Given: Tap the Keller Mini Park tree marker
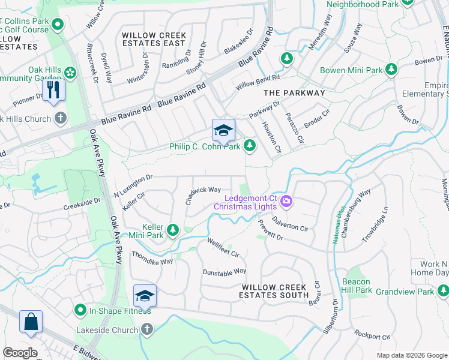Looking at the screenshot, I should tap(173, 230).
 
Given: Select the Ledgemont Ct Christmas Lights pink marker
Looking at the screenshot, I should tap(286, 201).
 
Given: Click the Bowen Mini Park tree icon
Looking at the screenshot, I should tap(391, 70).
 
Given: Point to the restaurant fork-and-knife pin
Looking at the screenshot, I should tap(53, 90).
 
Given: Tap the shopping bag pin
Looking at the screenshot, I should tap(30, 321).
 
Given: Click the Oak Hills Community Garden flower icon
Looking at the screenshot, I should tap(71, 73).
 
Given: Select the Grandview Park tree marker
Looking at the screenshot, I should tap(443, 291).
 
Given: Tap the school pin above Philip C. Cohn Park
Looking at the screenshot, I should tap(223, 131).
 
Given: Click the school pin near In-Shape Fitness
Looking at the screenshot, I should tap(145, 296).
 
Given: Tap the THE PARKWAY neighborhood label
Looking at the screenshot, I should tap(294, 93).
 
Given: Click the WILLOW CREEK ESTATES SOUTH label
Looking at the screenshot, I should tap(274, 291).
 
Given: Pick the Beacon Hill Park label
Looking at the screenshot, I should tap(357, 286).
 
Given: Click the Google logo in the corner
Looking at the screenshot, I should tap(20, 352).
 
